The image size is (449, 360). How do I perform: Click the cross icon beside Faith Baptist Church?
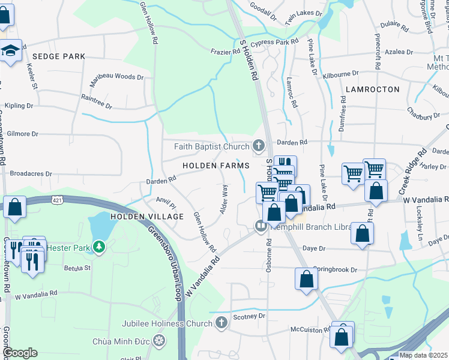pos(259,146)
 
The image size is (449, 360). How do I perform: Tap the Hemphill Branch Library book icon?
pos(261,227)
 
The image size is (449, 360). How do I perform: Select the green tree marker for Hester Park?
pos(103,246)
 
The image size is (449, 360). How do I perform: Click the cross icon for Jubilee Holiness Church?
pos(221,323)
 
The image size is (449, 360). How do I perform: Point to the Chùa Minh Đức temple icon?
pos(159,341)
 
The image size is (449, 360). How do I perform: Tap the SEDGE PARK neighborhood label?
pos(59,56)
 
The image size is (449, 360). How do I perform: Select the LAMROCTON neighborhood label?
pos(372,89)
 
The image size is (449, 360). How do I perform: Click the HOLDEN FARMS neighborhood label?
pos(217,165)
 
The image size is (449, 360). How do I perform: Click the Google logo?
pos(20,353)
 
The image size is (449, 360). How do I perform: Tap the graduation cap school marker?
pos(10,51)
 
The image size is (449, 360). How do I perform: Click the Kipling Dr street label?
pos(19,106)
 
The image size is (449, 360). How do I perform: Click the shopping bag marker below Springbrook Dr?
pos(306,280)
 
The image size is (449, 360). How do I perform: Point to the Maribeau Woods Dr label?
pos(117,77)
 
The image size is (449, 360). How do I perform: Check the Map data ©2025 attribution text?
pos(424,355)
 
